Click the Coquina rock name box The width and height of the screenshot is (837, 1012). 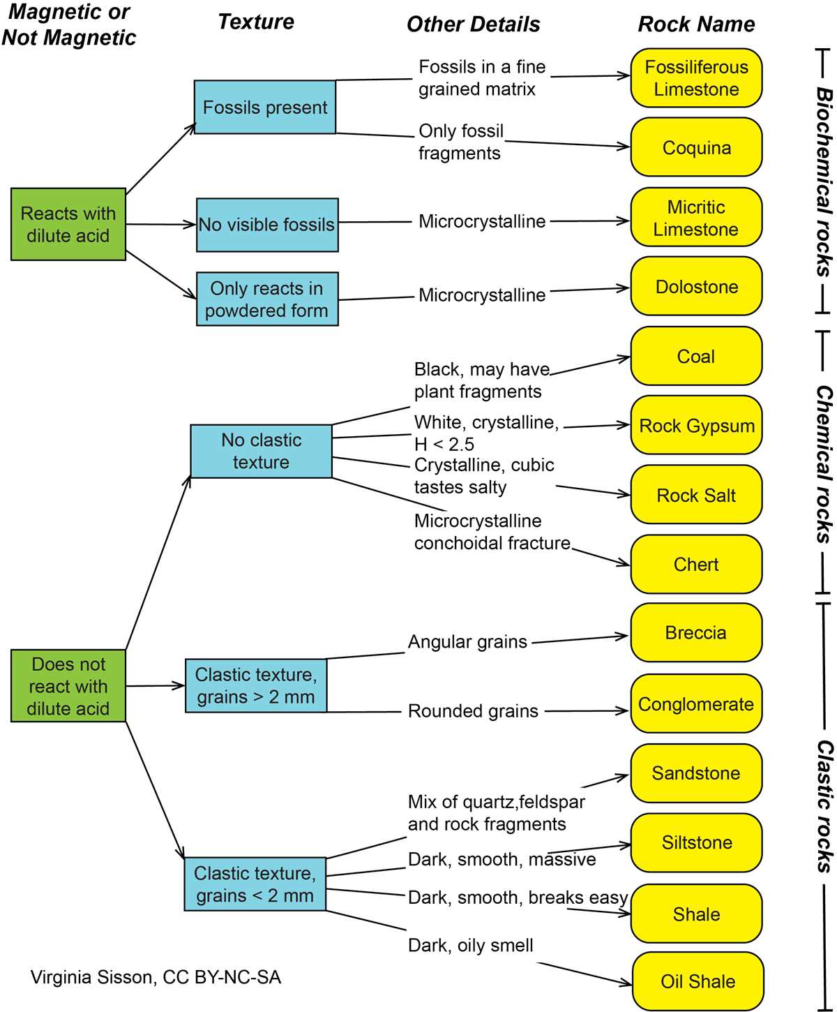click(696, 147)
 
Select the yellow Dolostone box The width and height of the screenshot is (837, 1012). click(696, 286)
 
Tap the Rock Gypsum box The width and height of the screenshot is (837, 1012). click(696, 425)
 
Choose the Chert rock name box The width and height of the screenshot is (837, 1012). click(696, 564)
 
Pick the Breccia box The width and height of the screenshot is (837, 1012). click(696, 632)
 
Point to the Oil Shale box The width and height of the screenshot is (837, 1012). click(697, 981)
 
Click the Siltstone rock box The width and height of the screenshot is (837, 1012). click(696, 842)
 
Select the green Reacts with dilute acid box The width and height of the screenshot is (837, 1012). click(68, 225)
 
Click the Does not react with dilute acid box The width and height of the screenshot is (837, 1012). click(68, 686)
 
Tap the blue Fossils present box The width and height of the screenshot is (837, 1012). click(265, 107)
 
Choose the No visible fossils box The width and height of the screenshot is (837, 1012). click(267, 225)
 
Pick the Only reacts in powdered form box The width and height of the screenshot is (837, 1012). click(267, 299)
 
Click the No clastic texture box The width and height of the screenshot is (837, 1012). click(261, 452)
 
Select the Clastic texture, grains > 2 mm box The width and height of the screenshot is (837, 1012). click(256, 685)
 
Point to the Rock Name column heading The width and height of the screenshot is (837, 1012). click(696, 24)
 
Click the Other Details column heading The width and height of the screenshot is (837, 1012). click(473, 24)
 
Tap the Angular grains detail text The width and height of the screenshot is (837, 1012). click(467, 641)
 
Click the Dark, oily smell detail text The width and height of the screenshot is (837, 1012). click(470, 945)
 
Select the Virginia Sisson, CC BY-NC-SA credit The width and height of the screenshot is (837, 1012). click(156, 977)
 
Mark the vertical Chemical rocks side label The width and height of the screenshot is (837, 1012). click(823, 464)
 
